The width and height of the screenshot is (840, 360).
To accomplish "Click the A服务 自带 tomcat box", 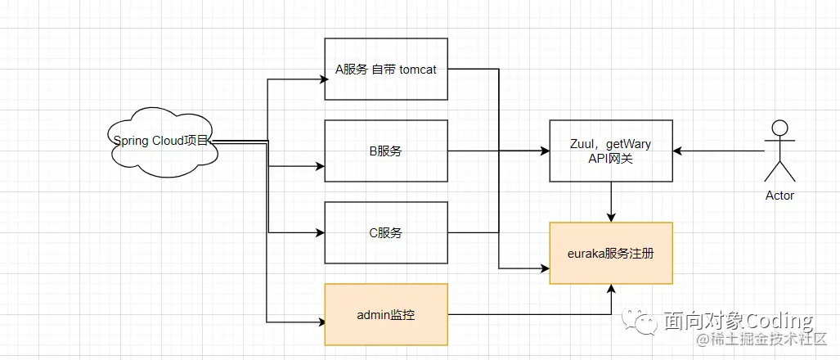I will point(386,69).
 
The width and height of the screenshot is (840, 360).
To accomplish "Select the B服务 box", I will point(386,151).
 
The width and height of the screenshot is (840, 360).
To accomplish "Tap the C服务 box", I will point(386,232).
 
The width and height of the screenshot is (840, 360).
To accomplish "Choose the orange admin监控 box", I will point(386,314).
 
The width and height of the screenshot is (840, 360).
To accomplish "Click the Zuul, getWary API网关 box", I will point(610,151).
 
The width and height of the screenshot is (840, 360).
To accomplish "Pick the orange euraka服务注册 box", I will point(610,253).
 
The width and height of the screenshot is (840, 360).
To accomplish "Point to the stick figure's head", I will point(779,128).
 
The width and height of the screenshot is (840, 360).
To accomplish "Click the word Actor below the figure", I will point(779,196).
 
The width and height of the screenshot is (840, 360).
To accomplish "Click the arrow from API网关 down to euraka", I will point(611,201).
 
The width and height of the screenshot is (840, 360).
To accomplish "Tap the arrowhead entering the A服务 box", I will point(321,79).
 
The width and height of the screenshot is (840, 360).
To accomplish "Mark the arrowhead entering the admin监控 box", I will point(321,321).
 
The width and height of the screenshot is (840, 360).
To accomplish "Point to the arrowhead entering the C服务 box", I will point(321,232).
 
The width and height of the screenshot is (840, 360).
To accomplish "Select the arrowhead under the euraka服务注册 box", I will point(611,289).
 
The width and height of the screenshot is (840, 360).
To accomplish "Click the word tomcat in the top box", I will point(418,70).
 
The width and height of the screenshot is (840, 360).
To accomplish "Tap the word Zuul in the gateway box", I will point(582,145).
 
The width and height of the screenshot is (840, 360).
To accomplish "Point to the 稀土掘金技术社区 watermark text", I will point(761,339).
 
